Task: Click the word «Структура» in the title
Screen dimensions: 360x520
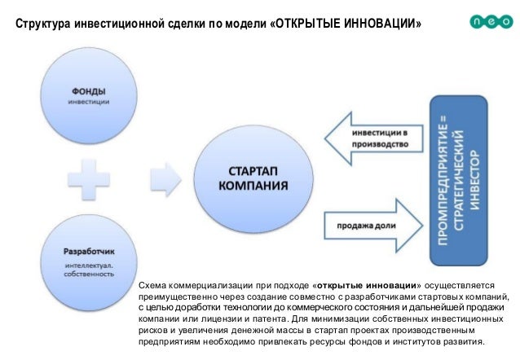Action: click(x=44, y=20)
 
